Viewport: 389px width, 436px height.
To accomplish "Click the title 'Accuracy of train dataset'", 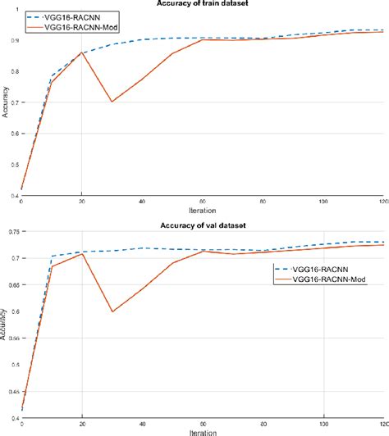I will (203, 3).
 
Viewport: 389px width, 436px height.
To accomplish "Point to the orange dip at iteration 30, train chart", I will (112, 102).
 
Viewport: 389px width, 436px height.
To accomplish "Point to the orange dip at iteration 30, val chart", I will (112, 311).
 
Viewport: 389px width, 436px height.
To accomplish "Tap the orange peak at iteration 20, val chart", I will (82, 254).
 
